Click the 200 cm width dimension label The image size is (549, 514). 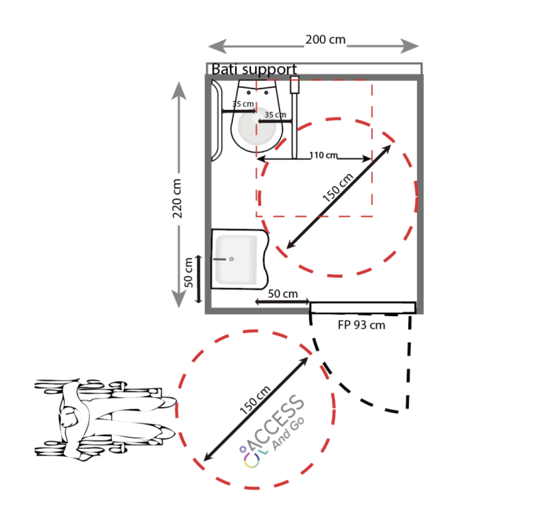pos(325,40)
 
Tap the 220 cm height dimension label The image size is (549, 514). pos(177,198)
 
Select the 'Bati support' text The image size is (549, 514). pos(254,69)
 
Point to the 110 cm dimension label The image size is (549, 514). pos(324,155)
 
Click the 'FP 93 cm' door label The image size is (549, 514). pos(361,325)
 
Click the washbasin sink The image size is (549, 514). pos(240,259)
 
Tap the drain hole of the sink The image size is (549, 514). pos(232,259)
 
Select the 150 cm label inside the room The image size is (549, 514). pos(338,188)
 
